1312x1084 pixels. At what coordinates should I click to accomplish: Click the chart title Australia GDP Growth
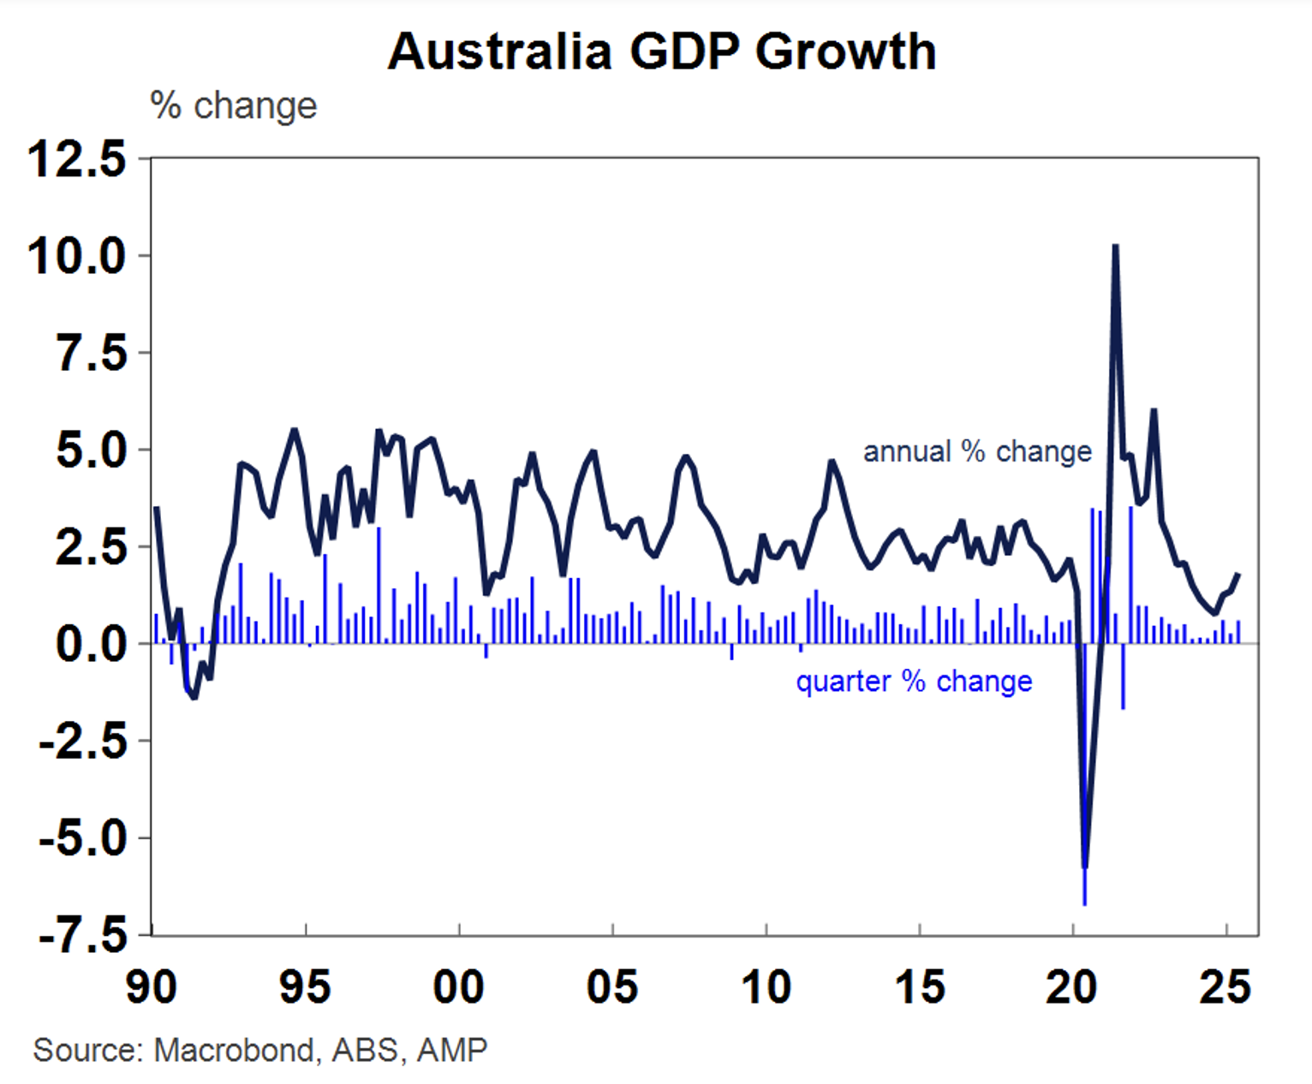(662, 51)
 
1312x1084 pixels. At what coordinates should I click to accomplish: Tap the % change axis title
(233, 106)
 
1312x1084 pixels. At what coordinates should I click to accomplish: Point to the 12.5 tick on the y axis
(77, 159)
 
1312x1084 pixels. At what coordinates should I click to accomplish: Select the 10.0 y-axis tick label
(77, 256)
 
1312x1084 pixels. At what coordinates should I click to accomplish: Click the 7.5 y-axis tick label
(92, 353)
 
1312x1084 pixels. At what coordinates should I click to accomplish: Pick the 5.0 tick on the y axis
(92, 450)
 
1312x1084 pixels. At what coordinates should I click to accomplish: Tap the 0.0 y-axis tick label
(92, 643)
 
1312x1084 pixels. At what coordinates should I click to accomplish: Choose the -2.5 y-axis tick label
(83, 741)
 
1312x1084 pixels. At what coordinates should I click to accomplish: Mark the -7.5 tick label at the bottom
(83, 935)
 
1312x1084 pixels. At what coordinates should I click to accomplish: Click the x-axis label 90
(152, 987)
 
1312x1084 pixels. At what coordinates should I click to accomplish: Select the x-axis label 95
(305, 987)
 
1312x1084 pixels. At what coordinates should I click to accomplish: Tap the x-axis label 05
(612, 987)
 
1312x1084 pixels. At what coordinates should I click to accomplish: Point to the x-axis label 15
(920, 987)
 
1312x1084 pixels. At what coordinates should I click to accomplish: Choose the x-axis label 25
(1226, 987)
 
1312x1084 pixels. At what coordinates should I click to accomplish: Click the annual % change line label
(977, 451)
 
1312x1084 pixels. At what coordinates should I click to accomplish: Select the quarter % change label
(914, 682)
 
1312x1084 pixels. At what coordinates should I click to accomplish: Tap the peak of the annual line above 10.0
(1115, 247)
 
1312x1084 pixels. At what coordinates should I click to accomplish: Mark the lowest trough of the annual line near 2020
(1085, 867)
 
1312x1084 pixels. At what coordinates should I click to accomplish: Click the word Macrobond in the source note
(234, 1050)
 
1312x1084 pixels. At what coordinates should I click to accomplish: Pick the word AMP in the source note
(452, 1050)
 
